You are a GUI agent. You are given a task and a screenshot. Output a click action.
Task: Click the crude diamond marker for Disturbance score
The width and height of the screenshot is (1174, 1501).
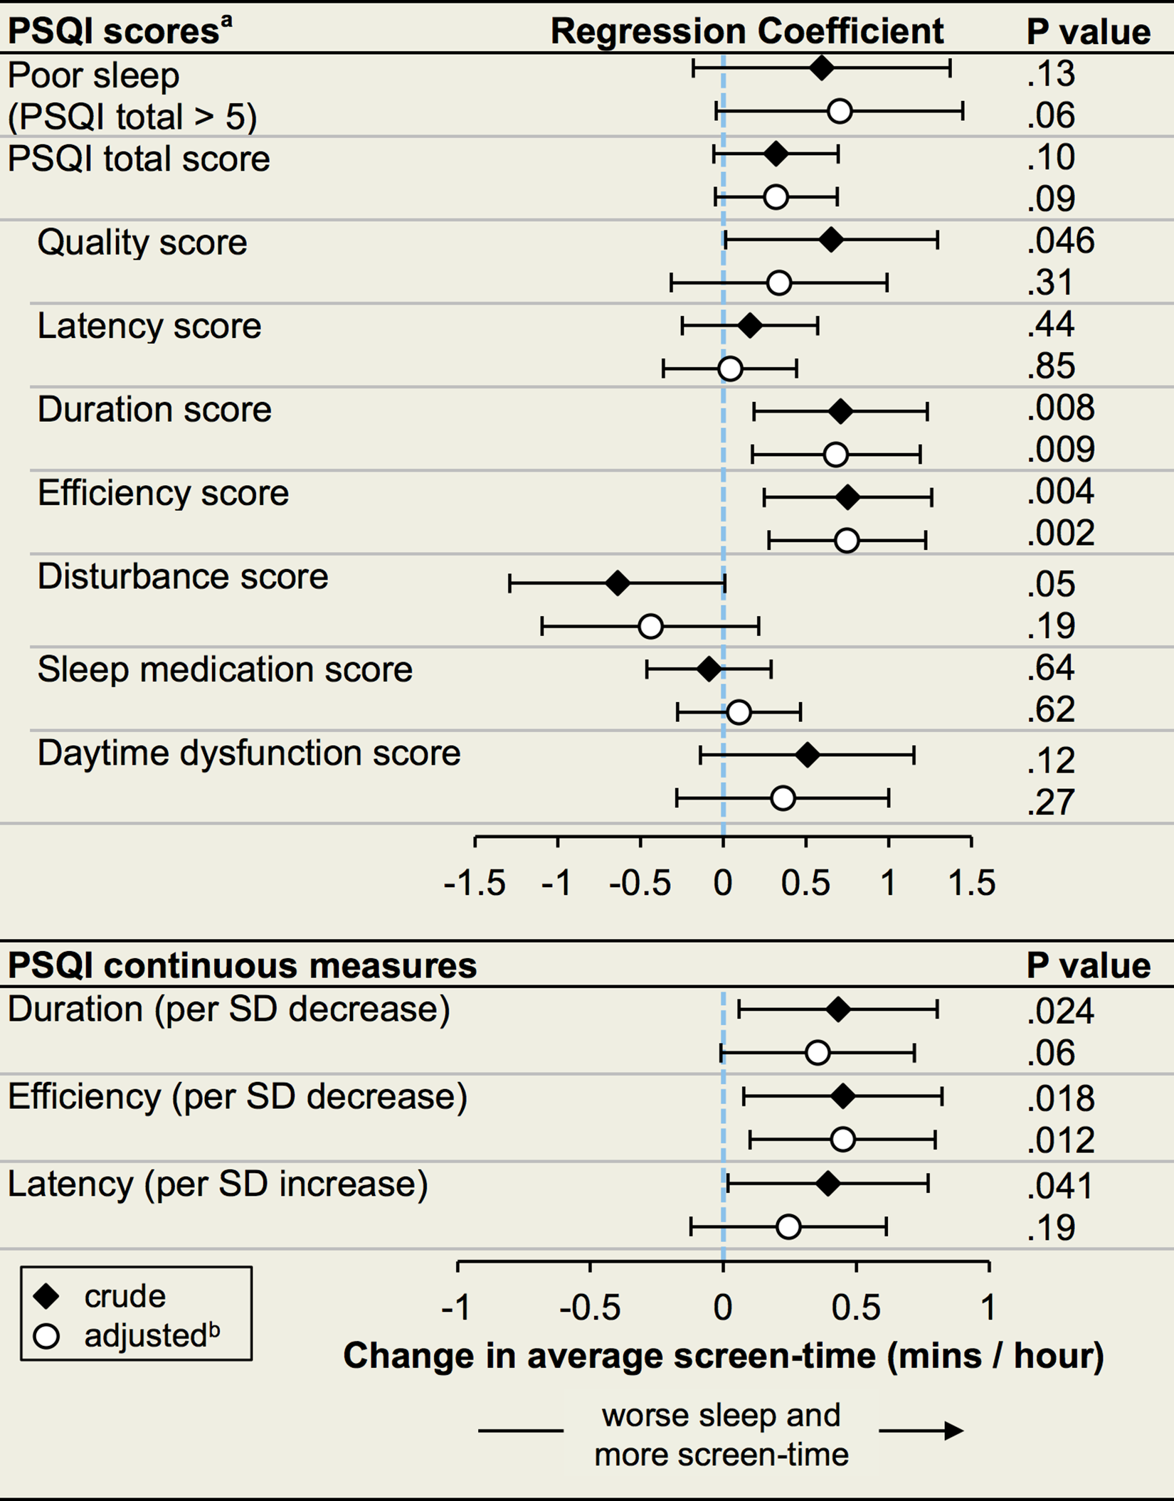618,584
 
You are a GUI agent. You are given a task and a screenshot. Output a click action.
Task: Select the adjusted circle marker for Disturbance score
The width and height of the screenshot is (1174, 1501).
650,627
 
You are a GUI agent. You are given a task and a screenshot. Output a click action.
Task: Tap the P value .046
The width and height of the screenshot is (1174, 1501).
1060,240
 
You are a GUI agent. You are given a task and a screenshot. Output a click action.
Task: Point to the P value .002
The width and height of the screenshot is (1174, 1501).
1060,533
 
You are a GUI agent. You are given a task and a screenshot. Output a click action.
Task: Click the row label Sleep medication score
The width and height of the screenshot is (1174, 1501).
225,669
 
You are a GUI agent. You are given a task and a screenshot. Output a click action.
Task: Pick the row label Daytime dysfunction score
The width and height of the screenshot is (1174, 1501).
249,753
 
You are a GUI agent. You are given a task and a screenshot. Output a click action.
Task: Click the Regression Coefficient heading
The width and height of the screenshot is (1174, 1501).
747,31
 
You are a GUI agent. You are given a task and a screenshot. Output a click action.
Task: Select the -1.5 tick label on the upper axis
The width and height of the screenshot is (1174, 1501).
475,884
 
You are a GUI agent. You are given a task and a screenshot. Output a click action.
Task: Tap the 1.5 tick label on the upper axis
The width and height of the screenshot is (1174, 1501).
972,884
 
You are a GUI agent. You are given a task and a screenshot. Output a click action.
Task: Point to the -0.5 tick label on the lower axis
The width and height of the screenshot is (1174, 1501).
590,1308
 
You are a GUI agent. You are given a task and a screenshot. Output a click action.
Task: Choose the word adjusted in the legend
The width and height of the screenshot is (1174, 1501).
145,1337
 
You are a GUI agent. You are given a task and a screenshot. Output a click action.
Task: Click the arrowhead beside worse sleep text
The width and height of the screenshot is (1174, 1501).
953,1431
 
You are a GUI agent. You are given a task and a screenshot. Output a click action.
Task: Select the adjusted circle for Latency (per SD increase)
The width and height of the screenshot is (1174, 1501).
788,1227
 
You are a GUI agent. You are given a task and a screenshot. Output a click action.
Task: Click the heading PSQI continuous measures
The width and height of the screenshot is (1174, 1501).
242,966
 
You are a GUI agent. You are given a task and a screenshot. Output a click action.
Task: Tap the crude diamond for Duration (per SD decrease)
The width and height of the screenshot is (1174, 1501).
839,1009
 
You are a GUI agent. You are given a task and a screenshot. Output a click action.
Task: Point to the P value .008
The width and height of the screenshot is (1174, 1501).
1060,408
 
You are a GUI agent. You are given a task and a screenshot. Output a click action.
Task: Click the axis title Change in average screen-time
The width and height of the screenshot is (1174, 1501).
724,1356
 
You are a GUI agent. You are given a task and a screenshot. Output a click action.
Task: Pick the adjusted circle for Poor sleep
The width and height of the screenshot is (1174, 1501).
840,112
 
